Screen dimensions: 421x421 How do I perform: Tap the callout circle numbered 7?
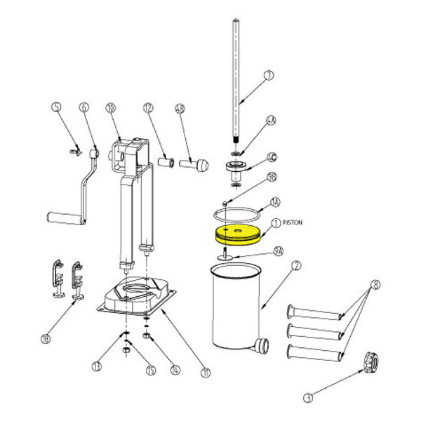coord(269,76)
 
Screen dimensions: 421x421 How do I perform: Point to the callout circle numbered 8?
coord(376,285)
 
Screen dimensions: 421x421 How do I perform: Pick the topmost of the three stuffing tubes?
coord(314,313)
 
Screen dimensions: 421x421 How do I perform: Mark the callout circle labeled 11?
coord(205,372)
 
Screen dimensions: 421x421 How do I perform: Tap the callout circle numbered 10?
coord(110,109)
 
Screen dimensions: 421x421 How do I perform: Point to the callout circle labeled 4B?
coord(180,109)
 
